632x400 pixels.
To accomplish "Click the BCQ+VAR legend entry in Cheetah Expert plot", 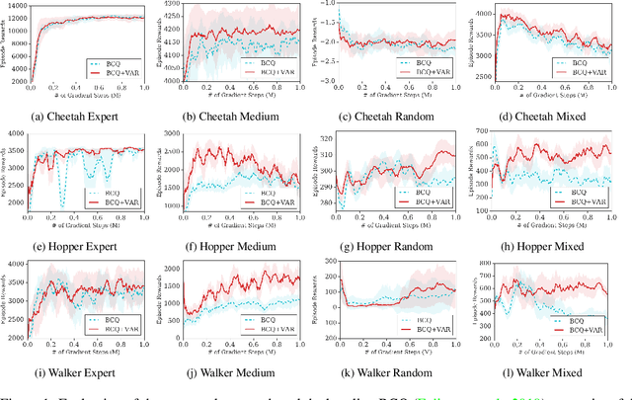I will coord(116,72).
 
